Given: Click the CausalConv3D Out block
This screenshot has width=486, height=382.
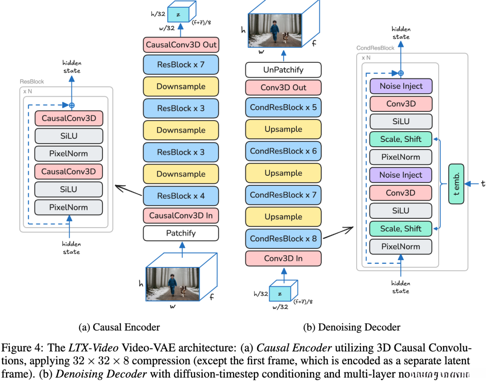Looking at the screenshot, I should tap(181, 44).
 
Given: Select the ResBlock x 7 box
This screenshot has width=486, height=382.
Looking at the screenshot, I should tap(181, 64).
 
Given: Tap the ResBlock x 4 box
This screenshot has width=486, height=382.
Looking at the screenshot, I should tap(181, 196).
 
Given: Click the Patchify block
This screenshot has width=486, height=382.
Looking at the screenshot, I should tap(181, 233).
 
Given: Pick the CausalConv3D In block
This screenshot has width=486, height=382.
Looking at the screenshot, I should tap(181, 216).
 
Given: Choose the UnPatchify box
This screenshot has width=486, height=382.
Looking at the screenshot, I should tap(283, 70).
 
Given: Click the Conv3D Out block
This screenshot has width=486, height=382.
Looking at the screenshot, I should tap(283, 88).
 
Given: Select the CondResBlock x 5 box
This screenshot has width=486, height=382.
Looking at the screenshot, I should tap(283, 107).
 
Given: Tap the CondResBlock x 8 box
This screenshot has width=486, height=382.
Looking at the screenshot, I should tap(283, 238).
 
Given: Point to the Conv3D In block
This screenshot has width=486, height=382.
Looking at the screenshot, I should tap(283, 258).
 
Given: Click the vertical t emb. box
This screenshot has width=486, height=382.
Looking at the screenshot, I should tap(456, 184).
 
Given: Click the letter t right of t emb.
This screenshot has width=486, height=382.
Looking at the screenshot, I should tap(483, 183).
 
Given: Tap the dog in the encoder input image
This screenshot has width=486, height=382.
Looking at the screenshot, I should tap(184, 290).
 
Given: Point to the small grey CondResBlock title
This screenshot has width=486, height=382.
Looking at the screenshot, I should tap(376, 48).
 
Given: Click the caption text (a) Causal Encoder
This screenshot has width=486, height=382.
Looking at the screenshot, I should tap(119, 327).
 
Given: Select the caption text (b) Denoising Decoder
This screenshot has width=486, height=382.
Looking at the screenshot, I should tap(351, 327).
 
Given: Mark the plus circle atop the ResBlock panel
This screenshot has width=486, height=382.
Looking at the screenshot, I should tap(72, 105).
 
